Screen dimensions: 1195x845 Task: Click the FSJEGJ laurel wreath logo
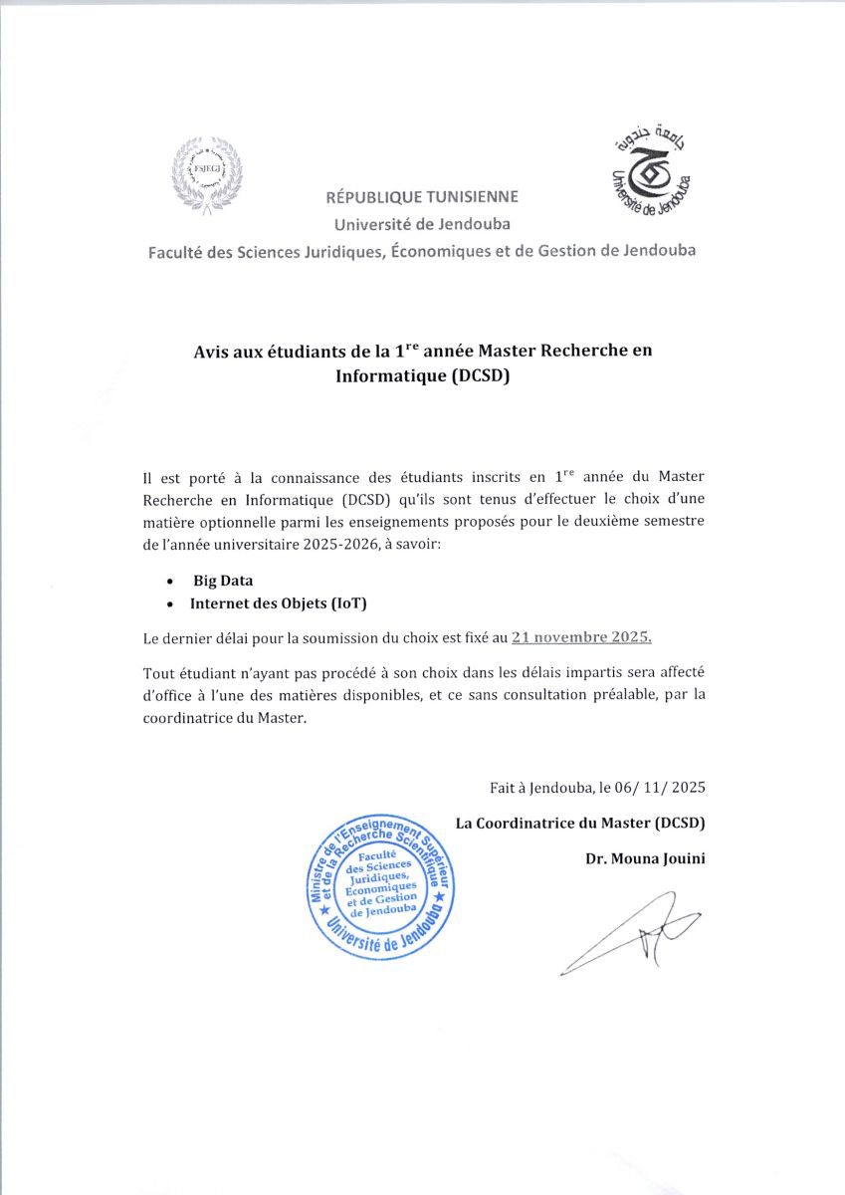pos(207,174)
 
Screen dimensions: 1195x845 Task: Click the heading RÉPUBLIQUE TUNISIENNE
pos(421,197)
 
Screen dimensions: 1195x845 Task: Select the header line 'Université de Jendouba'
pos(422,224)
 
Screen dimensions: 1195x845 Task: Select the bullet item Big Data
pos(223,581)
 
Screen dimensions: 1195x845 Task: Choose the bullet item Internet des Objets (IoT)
pos(272,603)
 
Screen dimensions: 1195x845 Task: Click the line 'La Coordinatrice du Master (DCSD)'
pos(579,823)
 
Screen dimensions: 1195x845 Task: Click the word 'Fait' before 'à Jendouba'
pos(503,787)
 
